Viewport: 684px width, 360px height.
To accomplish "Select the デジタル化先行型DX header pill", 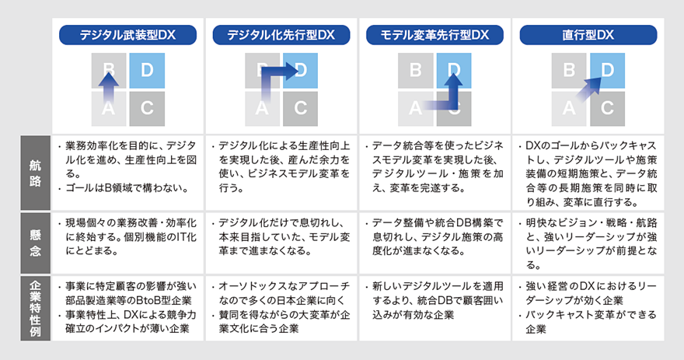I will [281, 34].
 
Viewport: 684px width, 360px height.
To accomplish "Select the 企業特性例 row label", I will [36, 306].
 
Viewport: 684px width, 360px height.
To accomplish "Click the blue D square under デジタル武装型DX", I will [147, 72].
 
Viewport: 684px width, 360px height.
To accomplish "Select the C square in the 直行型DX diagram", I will [608, 108].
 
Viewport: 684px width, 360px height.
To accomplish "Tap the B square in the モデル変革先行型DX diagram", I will [416, 72].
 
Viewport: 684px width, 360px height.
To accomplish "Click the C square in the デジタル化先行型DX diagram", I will [300, 108].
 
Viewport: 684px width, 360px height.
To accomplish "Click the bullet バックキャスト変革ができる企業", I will [591, 323].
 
